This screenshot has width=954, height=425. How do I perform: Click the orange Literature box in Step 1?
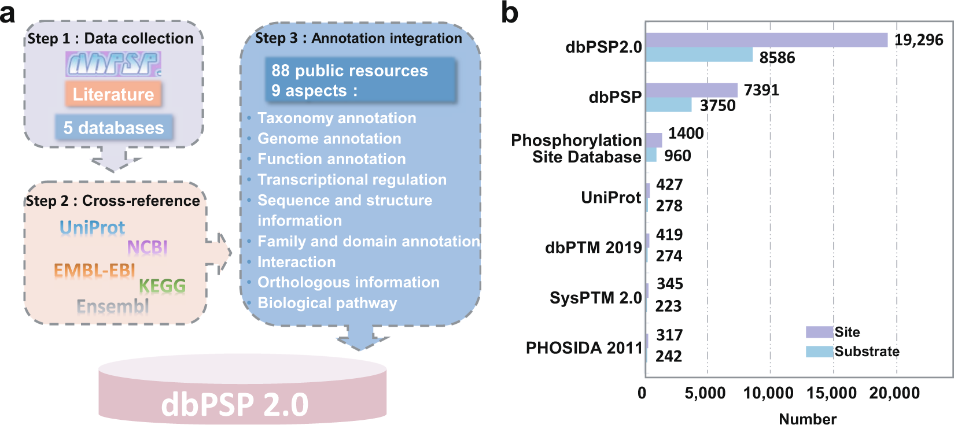[113, 94]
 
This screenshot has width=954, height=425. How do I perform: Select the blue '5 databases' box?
[114, 127]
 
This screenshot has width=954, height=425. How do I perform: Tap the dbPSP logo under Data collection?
[113, 64]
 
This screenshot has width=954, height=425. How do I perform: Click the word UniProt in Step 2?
[93, 228]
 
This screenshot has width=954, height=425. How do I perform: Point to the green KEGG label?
[162, 286]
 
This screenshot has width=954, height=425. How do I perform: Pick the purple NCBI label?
[148, 247]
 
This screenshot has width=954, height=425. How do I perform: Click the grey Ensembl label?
[113, 306]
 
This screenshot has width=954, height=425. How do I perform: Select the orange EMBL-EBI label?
[94, 270]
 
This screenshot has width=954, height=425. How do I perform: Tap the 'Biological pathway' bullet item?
[327, 303]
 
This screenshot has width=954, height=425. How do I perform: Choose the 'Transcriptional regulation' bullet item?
[352, 180]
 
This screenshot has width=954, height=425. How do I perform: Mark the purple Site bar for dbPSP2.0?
[767, 40]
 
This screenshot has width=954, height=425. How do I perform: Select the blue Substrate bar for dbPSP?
[669, 105]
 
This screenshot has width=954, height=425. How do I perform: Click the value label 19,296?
[919, 40]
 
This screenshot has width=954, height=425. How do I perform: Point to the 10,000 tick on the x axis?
[768, 393]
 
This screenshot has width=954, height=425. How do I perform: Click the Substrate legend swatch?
[819, 352]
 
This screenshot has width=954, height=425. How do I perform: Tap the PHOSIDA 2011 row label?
[584, 348]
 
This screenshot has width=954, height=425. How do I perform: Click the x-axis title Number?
[807, 419]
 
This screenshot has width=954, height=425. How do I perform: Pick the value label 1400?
[686, 134]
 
